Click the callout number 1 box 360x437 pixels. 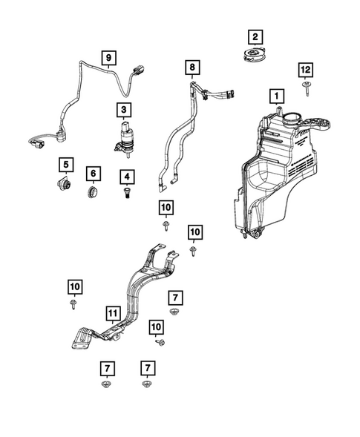(276, 96)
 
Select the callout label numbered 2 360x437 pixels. (255, 36)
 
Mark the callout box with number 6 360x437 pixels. (94, 174)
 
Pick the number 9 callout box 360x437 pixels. (108, 57)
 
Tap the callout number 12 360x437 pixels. (304, 70)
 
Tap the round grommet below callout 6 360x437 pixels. (94, 192)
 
